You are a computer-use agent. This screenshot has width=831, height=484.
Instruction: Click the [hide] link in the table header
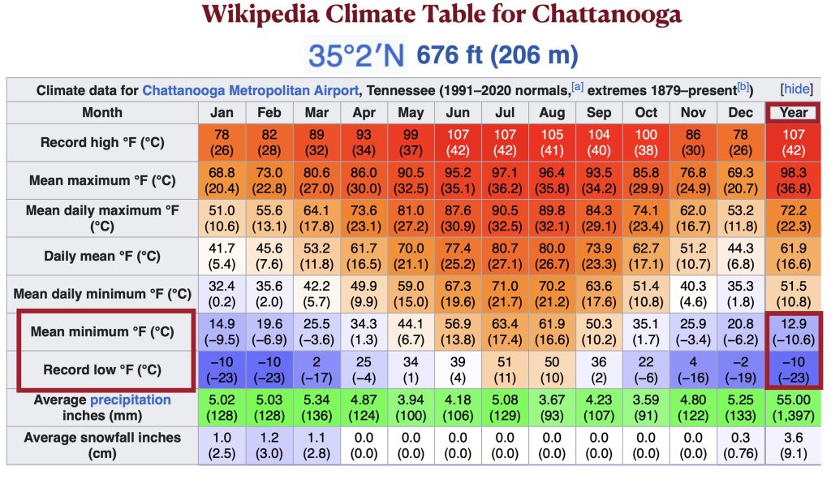coord(794,89)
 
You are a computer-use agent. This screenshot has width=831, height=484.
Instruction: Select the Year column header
coord(794,112)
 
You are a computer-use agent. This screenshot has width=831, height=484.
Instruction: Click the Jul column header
coord(505,112)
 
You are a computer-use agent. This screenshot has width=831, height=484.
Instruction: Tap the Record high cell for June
coord(458,142)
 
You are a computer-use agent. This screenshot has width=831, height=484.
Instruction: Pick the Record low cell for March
coord(316,369)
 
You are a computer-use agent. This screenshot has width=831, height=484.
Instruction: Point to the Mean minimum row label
coord(102,331)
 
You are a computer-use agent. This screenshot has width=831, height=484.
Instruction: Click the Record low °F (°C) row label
coord(102,369)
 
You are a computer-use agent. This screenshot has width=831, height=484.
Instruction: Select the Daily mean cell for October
coord(647,256)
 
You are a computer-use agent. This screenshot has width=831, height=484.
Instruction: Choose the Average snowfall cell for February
coord(269,445)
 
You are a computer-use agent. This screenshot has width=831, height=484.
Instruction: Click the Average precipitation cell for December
coord(739,408)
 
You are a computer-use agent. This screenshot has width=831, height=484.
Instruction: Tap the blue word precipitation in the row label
coord(131,400)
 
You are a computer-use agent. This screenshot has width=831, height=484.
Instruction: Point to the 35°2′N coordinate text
coord(356,55)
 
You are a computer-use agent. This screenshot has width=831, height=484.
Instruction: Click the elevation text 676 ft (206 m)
coord(497,55)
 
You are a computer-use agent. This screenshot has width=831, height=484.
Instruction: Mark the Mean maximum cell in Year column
coord(794,180)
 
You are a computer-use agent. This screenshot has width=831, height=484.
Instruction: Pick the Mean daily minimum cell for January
coord(222,294)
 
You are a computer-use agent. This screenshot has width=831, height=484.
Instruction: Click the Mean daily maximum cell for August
coord(552,218)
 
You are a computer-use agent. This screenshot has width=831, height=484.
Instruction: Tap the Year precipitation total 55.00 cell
coord(794,408)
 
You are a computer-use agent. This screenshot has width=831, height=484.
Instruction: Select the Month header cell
coord(102,112)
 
